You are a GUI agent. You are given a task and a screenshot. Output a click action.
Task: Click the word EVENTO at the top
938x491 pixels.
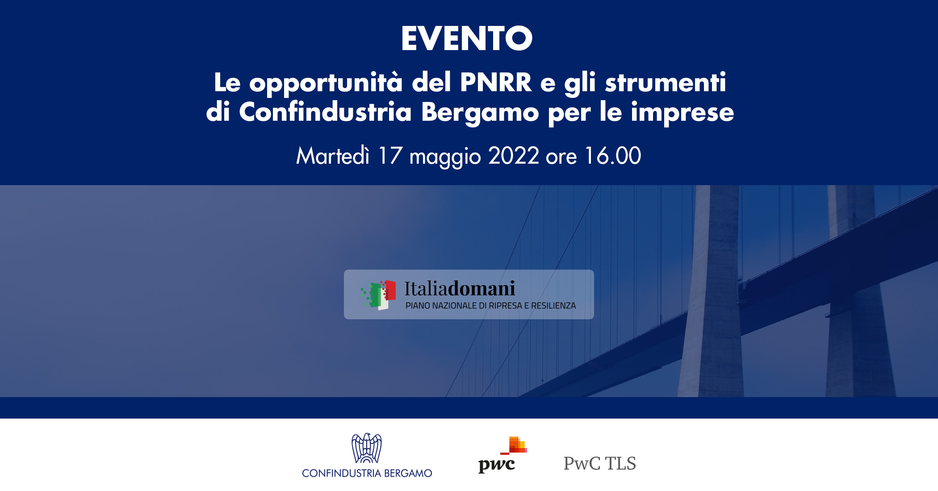(467, 38)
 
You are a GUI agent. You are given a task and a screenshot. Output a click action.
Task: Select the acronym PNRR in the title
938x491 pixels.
(496, 82)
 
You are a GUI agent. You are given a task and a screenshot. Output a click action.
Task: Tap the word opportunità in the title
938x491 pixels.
(326, 83)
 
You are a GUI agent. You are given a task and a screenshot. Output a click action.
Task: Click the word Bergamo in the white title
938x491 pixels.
(480, 112)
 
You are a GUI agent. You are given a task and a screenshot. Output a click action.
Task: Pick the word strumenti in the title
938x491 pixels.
(665, 82)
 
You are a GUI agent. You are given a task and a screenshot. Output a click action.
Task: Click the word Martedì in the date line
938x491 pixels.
(333, 156)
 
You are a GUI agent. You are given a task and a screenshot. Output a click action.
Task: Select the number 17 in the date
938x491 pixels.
(389, 156)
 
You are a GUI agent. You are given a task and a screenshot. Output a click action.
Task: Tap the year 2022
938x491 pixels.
(514, 156)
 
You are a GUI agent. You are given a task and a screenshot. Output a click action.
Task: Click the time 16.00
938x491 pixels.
(612, 156)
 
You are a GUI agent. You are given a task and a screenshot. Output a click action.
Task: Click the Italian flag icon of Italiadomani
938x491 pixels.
(379, 295)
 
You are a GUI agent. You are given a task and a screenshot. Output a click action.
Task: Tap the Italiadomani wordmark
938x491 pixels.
(460, 289)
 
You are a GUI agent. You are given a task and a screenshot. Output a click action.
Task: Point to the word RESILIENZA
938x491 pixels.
(553, 306)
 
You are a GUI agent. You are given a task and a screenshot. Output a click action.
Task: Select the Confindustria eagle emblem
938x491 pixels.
(367, 448)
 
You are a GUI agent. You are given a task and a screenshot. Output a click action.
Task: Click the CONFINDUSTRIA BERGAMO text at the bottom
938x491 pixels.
(367, 473)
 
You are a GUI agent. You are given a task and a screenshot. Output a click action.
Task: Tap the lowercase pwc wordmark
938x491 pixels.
(496, 465)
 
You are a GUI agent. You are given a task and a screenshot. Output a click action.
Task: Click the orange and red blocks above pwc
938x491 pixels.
(516, 445)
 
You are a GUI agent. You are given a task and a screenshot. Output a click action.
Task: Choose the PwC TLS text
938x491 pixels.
(599, 464)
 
